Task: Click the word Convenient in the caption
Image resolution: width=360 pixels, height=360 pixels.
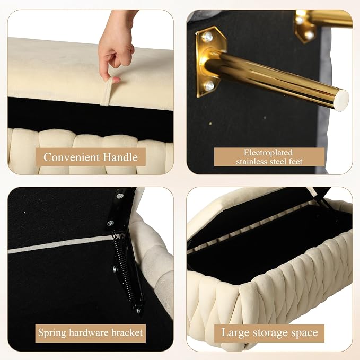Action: (72, 157)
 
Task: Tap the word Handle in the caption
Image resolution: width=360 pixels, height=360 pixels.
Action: (120, 157)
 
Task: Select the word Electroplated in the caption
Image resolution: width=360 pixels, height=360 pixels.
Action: (268, 153)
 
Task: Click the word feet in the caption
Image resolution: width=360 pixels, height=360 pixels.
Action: (295, 161)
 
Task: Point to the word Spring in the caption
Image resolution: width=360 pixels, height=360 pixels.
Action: (52, 333)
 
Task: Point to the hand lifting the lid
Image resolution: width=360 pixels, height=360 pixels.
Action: (116, 46)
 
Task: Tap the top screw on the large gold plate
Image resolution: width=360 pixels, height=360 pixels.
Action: (207, 37)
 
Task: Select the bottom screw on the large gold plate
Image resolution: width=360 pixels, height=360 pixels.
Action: (209, 86)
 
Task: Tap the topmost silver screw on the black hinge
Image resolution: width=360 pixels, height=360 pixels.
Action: (120, 196)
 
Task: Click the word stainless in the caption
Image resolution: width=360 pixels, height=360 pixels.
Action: (252, 161)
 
